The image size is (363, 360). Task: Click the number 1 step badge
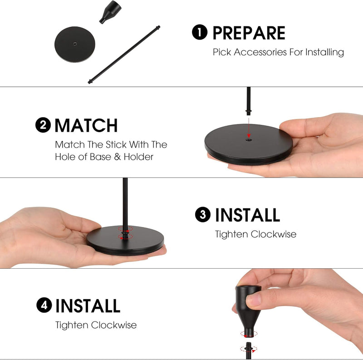point(200,32)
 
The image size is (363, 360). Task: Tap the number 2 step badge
point(43,125)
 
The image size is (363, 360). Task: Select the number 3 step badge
point(203,215)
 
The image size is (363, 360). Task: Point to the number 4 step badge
point(44,305)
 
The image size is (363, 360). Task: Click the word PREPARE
point(249,33)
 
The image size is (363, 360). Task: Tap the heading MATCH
point(86,126)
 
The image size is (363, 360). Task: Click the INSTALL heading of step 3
point(247,215)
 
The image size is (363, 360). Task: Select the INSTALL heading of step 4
point(88,306)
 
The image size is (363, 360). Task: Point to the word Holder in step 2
point(138,157)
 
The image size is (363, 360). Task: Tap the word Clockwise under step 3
point(274,234)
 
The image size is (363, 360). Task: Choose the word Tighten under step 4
point(72,325)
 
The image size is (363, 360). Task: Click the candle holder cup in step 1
point(110,12)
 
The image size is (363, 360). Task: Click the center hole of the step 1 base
point(75,43)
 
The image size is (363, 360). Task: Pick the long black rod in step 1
point(124,54)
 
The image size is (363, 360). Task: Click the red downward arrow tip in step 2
point(249,137)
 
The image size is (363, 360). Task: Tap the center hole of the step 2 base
point(249,140)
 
